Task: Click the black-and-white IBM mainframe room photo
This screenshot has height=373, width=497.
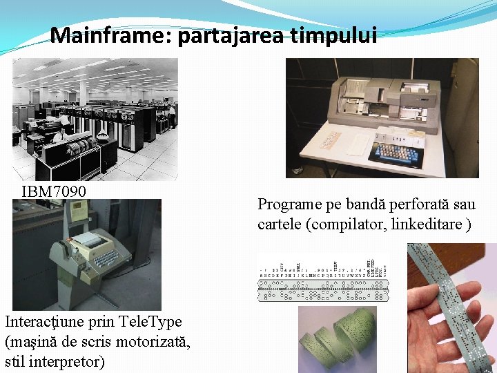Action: point(95,119)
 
